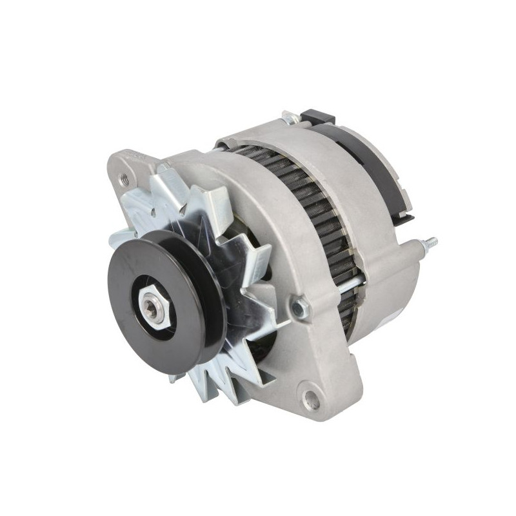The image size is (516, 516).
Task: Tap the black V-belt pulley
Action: coord(129,284)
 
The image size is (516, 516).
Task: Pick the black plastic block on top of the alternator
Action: coord(317,117)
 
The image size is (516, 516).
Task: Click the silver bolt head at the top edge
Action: coord(290,118)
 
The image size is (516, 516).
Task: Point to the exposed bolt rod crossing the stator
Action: coord(352,284)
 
